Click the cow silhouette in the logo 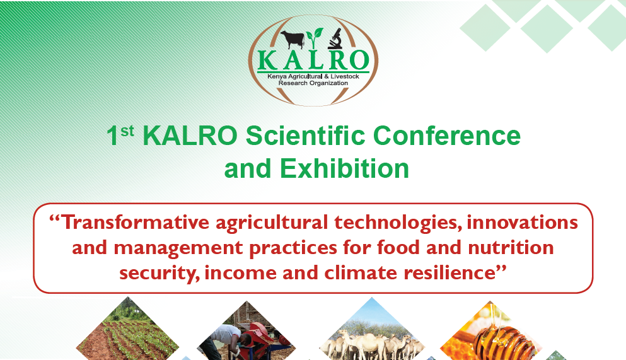point(293,40)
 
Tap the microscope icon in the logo point(335,38)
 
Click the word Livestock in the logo point(345,76)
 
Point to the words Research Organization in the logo point(313,83)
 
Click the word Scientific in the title point(305,136)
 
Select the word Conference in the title point(447,136)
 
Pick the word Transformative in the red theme point(135,223)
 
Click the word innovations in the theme point(522,223)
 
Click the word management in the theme point(178,248)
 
